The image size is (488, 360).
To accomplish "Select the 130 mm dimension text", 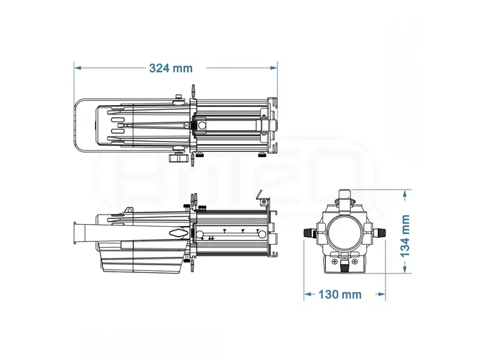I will tap(340, 295).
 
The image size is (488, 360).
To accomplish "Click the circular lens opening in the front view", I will tap(345, 234).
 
